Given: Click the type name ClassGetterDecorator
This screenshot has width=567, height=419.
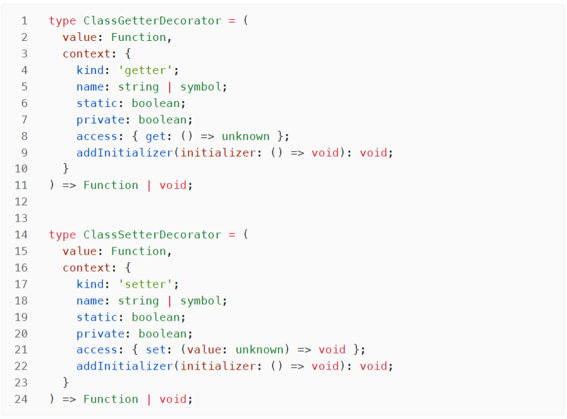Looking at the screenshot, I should click(x=152, y=21).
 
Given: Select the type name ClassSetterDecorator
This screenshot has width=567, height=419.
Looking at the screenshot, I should click(x=152, y=235).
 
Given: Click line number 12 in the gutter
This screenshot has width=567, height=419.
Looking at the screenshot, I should click(x=21, y=202).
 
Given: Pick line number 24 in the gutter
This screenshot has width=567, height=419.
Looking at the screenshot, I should click(x=21, y=399).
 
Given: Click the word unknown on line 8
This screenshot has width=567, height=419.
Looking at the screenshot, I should click(x=246, y=137).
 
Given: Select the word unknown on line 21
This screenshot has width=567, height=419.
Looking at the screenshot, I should click(x=260, y=350).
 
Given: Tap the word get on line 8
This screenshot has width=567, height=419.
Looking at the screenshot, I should click(x=156, y=137).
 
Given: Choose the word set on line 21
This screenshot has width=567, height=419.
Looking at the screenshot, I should click(x=156, y=350).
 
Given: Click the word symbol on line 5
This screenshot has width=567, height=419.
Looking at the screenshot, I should click(x=200, y=87).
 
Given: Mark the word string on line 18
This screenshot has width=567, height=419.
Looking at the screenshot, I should click(x=138, y=301).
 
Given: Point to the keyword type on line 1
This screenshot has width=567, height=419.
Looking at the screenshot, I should click(x=63, y=21).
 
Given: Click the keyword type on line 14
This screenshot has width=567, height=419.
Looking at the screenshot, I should click(x=63, y=235).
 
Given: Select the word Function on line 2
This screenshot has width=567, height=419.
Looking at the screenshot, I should click(x=138, y=38).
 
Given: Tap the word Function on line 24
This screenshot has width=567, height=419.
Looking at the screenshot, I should click(x=111, y=399).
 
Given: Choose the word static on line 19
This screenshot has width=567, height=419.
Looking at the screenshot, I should click(x=97, y=317).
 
